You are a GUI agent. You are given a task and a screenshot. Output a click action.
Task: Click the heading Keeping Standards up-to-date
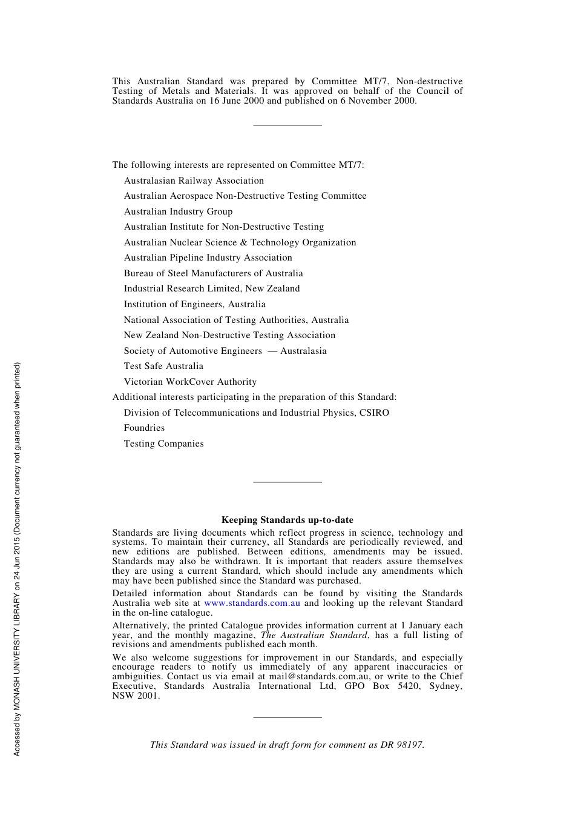click(x=287, y=519)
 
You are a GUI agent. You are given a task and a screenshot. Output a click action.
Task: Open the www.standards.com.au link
click(x=252, y=603)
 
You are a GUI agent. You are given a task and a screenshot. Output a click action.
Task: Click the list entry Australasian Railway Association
click(x=194, y=181)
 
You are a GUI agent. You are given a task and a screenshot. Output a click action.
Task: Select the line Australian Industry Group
click(x=178, y=211)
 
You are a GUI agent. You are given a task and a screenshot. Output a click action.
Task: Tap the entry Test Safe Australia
click(x=163, y=366)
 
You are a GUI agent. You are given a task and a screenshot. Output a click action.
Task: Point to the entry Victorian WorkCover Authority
click(x=190, y=382)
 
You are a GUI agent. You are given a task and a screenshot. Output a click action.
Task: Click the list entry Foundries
click(x=144, y=428)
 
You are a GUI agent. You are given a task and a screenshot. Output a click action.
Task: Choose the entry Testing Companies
click(x=163, y=444)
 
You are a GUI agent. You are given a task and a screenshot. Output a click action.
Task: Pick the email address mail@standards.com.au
click(x=320, y=676)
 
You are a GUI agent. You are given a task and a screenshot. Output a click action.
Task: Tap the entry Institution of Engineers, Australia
click(x=194, y=304)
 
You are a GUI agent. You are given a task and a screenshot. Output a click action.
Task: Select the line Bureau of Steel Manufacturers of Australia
click(x=213, y=273)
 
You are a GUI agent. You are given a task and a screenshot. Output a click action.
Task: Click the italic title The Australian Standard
click(x=314, y=635)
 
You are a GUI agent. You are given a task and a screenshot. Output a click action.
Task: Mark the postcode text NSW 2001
click(x=136, y=696)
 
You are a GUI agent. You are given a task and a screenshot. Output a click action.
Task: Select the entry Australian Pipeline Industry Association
click(x=208, y=258)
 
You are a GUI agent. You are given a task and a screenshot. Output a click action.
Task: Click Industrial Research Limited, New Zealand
click(x=212, y=288)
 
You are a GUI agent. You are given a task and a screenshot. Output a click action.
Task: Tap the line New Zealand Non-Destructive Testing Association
click(x=229, y=335)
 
